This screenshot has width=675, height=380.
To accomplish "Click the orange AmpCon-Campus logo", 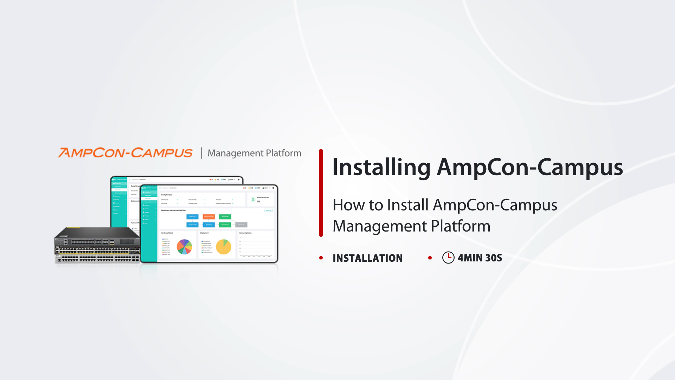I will (x=125, y=153).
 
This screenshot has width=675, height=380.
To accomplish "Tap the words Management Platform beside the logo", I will (x=254, y=153).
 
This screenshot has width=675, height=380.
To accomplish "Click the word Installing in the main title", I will (x=381, y=167).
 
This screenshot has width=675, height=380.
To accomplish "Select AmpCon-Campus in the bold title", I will (x=530, y=167).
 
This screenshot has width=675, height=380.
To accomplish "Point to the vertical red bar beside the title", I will (x=321, y=193).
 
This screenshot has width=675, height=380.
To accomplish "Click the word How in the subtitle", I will (x=345, y=205).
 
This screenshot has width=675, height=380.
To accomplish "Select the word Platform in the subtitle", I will (x=461, y=226).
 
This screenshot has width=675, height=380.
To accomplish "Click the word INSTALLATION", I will (x=367, y=258).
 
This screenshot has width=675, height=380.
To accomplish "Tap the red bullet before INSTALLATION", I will (x=321, y=258).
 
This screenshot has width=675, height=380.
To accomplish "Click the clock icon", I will (x=448, y=258).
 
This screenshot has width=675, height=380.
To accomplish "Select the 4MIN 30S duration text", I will (x=480, y=258).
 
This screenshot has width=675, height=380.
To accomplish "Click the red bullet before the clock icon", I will (x=430, y=258).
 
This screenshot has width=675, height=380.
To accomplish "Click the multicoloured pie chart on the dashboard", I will (x=184, y=247).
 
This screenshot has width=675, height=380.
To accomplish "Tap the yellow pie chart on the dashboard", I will (x=224, y=247).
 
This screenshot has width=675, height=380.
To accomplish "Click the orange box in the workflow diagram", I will (x=208, y=217).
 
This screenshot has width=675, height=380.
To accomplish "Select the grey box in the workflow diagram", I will (x=241, y=224).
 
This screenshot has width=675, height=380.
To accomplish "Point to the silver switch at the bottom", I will (x=97, y=259).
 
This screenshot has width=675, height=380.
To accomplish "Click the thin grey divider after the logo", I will (x=201, y=153).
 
